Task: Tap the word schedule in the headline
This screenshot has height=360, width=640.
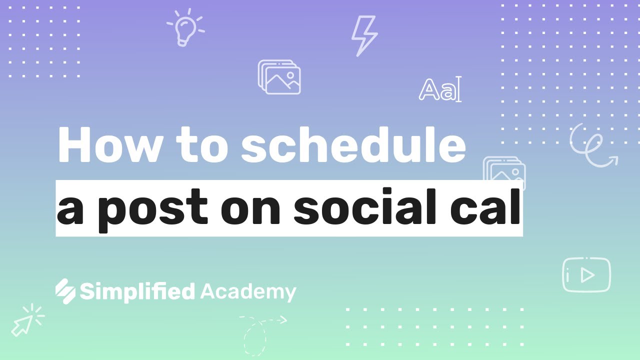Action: pyautogui.click(x=353, y=143)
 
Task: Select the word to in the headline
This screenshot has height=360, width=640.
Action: pyautogui.click(x=201, y=145)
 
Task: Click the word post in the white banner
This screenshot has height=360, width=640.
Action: pyautogui.click(x=153, y=210)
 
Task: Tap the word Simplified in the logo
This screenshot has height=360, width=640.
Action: pyautogui.click(x=137, y=291)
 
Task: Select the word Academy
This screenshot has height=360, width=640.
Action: pyautogui.click(x=248, y=292)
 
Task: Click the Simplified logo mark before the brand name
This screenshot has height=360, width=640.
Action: pyautogui.click(x=65, y=291)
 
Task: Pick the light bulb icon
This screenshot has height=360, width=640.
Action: pyautogui.click(x=185, y=27)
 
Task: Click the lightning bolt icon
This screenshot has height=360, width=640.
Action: pyautogui.click(x=364, y=35)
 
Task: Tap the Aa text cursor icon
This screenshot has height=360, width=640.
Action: pyautogui.click(x=440, y=89)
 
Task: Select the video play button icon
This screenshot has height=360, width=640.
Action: pyautogui.click(x=586, y=275)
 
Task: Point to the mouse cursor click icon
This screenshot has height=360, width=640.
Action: pyautogui.click(x=27, y=320)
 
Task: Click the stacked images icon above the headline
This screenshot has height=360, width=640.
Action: pyautogui.click(x=279, y=77)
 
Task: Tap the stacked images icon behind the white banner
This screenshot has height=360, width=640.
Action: pyautogui.click(x=504, y=168)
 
